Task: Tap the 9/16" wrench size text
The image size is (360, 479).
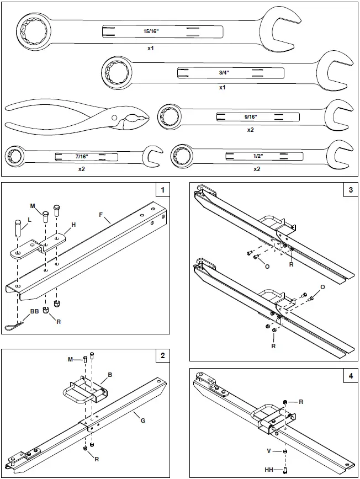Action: point(251,116)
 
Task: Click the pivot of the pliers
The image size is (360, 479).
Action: point(114,119)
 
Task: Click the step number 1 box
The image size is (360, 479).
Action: point(162,190)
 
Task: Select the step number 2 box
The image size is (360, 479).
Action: point(162,356)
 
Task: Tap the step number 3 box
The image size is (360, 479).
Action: point(351,190)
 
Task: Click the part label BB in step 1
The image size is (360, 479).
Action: point(34,312)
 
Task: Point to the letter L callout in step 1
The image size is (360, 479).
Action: point(29,220)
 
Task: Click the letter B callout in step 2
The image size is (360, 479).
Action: point(110,375)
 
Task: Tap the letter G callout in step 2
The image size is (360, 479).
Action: point(143,421)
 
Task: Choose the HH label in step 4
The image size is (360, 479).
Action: point(271,470)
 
